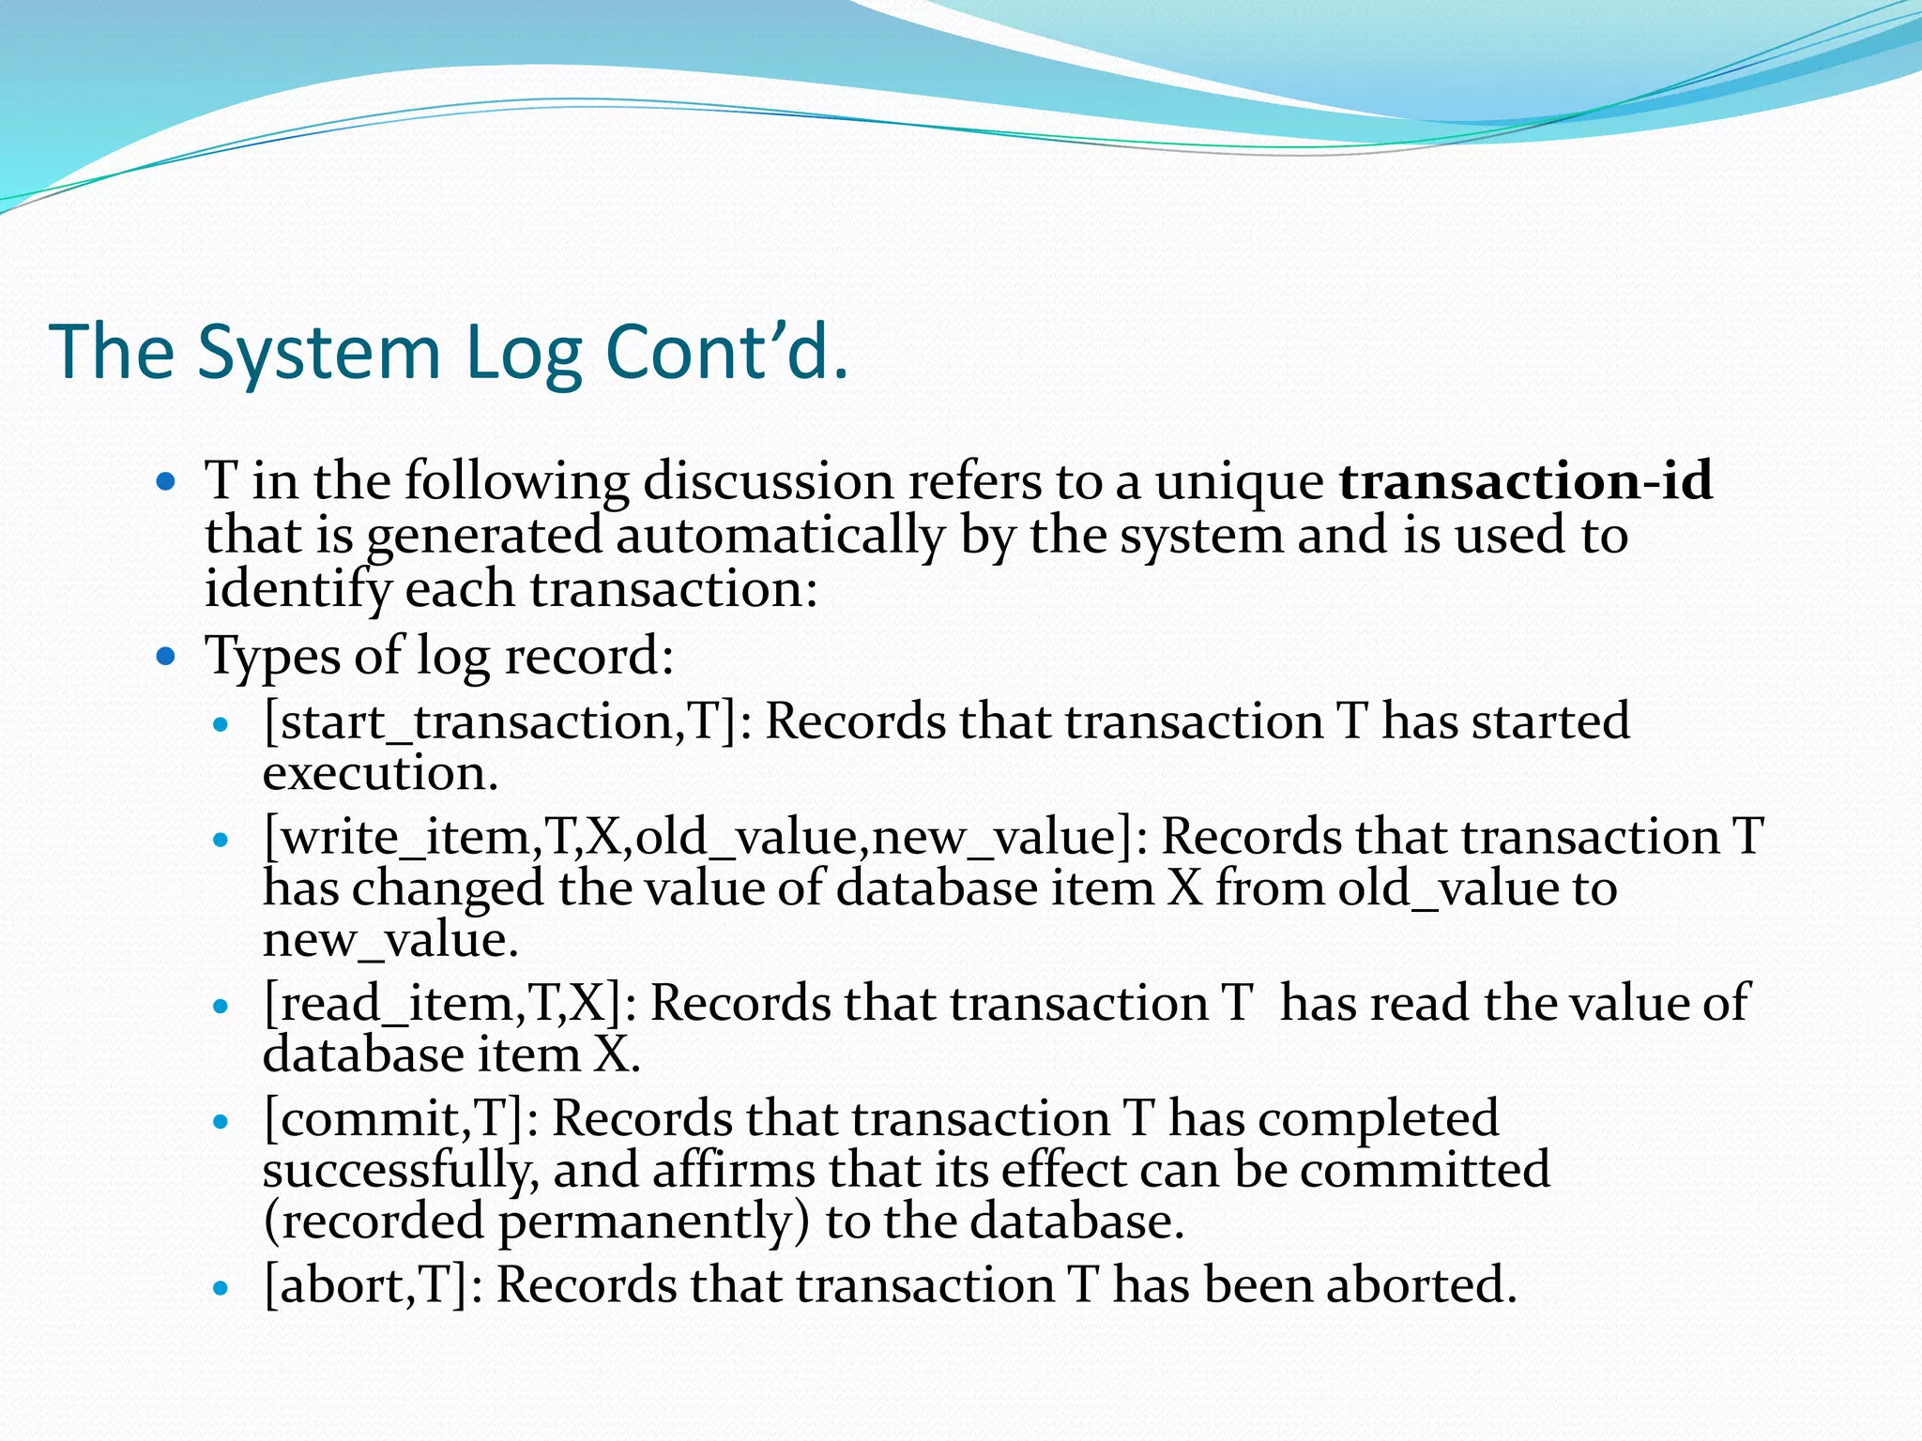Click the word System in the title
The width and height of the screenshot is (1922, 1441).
coord(319,354)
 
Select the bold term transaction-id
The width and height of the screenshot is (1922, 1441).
coord(1526,480)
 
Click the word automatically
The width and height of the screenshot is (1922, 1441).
coord(780,536)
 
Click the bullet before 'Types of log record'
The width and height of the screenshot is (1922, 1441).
coord(166,656)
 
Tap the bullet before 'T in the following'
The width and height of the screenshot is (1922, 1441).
coord(166,482)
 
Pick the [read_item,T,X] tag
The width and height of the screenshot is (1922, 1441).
coord(442,1003)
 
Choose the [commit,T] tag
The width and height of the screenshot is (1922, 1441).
coord(392,1118)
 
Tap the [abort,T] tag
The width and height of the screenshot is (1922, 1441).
coord(365,1284)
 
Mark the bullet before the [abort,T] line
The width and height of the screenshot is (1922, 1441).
coord(221,1288)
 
